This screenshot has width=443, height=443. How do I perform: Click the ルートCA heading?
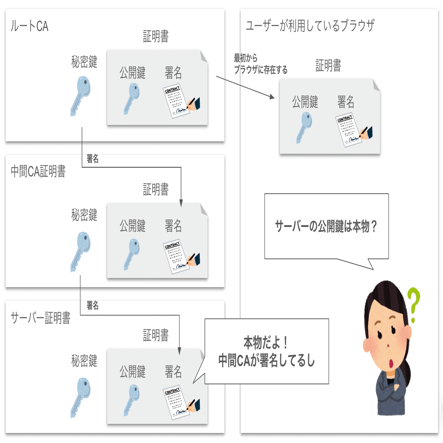(x=29, y=26)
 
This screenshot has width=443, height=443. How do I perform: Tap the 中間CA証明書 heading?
(x=38, y=171)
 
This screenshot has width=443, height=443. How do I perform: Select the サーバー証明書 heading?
(x=40, y=318)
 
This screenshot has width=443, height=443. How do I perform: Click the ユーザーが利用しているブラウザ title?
(x=310, y=26)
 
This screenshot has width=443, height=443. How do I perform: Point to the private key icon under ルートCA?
(x=81, y=95)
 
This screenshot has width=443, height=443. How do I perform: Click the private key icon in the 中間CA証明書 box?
(x=81, y=251)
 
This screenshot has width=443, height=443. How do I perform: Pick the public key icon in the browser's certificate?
(x=304, y=128)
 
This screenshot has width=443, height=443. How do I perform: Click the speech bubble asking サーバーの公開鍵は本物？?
(x=326, y=227)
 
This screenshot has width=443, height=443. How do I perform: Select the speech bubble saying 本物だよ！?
(x=266, y=350)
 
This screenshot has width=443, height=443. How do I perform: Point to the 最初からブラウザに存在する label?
(x=260, y=64)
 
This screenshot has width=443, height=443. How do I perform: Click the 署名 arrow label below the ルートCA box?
(x=93, y=159)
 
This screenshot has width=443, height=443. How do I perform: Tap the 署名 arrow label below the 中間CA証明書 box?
(x=93, y=305)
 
